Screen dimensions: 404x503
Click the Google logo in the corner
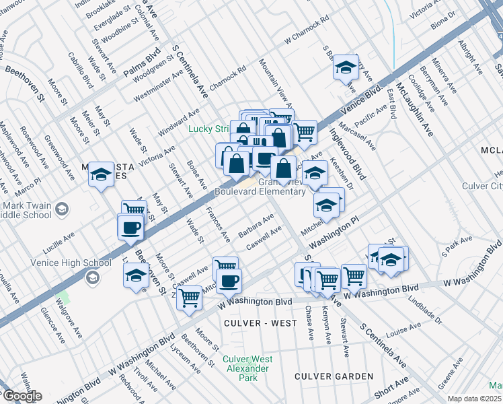(x=22, y=395)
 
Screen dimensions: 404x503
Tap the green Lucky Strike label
(x=209, y=129)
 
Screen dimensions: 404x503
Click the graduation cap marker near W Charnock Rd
(x=346, y=67)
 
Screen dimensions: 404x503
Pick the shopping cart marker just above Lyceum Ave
(x=190, y=296)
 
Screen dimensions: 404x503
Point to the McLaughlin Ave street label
(x=414, y=110)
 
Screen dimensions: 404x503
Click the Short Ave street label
(x=392, y=386)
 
